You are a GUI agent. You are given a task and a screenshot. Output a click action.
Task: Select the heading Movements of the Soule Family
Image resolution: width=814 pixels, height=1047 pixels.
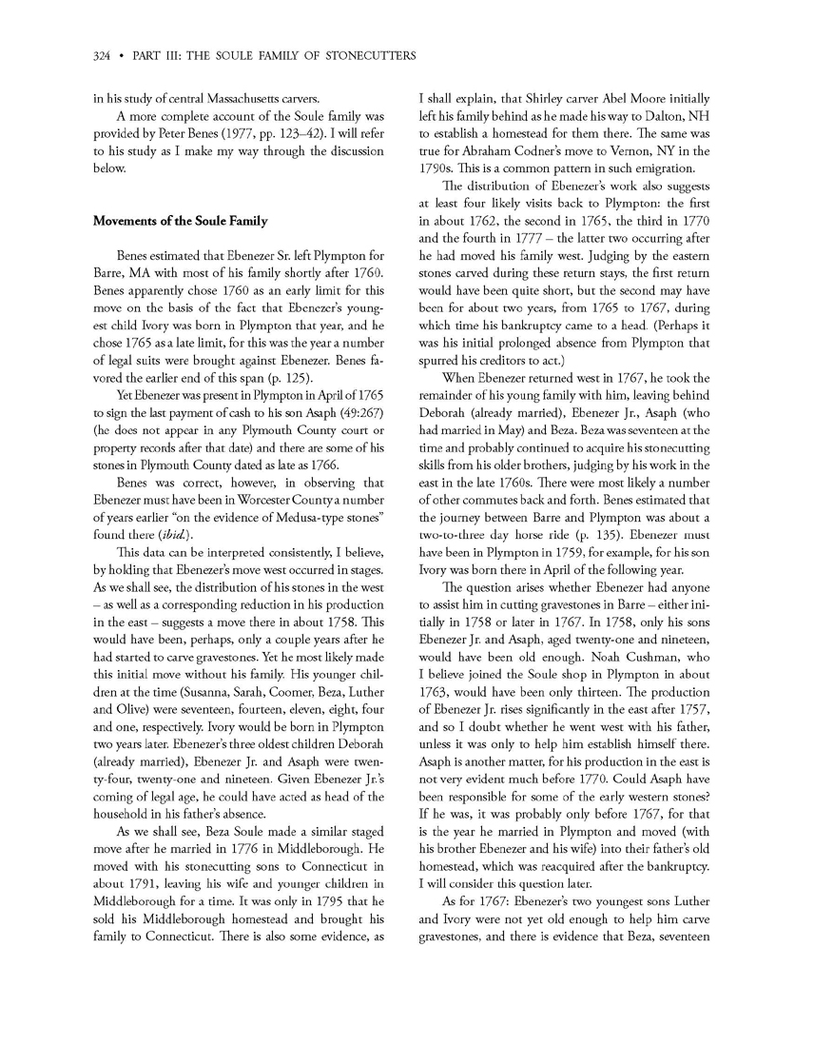(180, 222)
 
